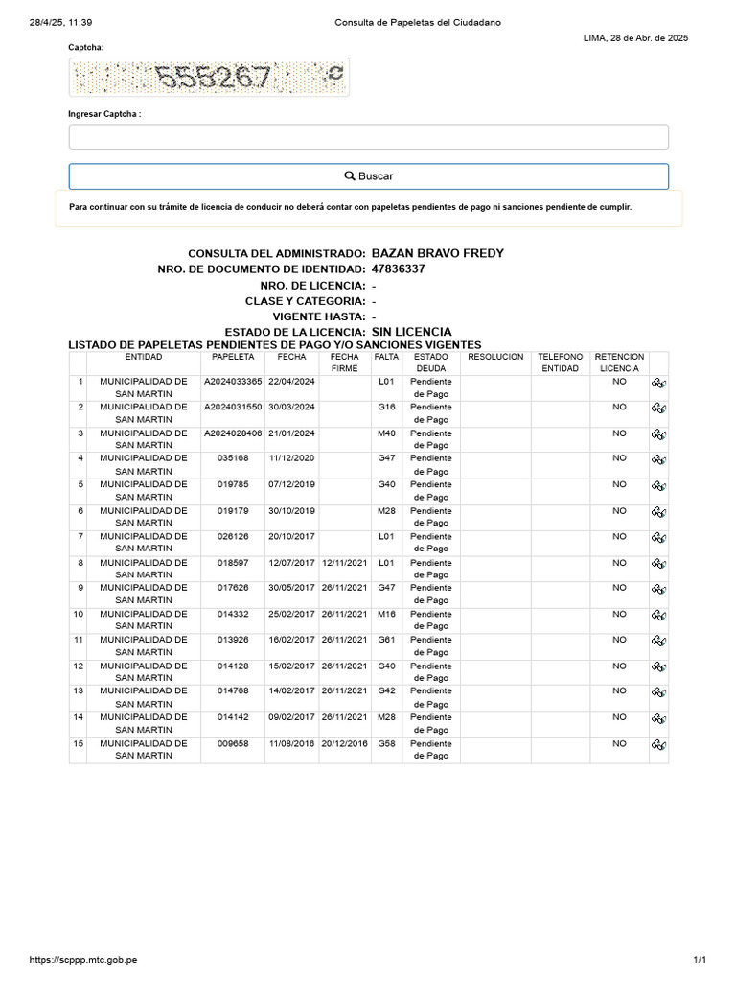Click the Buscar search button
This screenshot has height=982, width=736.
click(368, 176)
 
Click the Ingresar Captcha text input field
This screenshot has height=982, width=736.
click(368, 136)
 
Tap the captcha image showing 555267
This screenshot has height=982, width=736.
click(209, 77)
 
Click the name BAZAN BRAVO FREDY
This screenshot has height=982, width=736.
click(437, 253)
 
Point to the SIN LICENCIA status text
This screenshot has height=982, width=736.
click(411, 332)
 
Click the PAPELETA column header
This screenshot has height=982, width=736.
click(233, 357)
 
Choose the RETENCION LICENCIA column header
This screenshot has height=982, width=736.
click(619, 362)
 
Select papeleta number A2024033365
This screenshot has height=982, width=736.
click(233, 382)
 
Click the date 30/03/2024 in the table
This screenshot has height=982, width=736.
click(291, 408)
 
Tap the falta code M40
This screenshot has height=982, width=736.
click(386, 433)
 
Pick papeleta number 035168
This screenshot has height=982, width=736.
click(233, 459)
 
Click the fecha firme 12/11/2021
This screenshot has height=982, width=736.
click(344, 563)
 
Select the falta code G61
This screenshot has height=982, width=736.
click(386, 640)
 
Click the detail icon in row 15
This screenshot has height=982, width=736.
click(658, 744)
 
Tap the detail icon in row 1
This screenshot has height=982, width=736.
click(658, 383)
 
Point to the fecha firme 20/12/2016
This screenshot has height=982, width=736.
click(344, 743)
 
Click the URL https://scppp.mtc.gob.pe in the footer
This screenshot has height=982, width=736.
click(83, 959)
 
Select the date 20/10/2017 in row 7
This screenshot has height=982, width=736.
click(291, 537)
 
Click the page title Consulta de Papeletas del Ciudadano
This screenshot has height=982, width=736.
click(417, 22)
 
